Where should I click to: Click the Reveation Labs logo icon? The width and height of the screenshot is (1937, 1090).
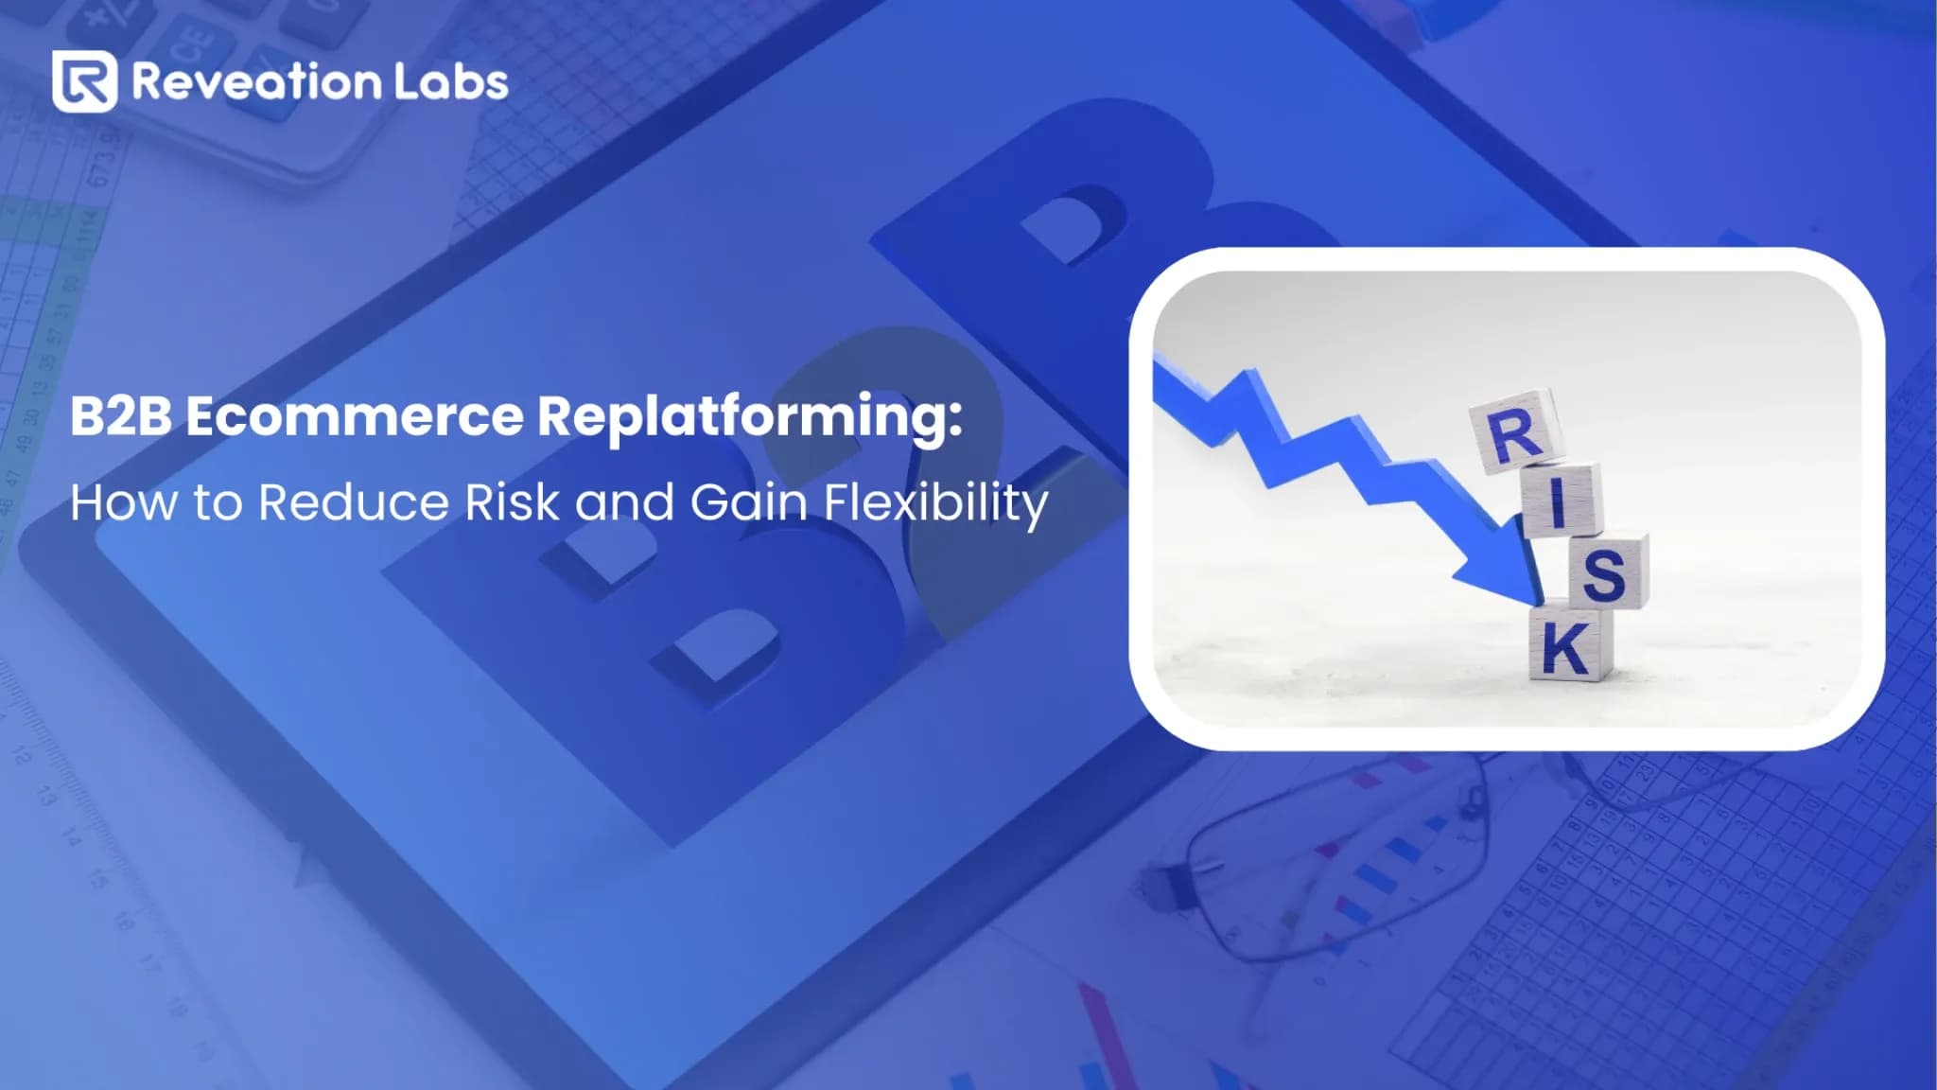coord(84,81)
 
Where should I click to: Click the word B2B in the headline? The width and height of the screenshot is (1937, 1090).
coord(120,416)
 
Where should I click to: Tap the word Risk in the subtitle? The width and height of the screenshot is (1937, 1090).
coord(512,501)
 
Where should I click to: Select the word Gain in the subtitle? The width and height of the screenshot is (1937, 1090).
coord(748,501)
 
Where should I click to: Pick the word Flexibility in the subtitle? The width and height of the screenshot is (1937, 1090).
coord(935,503)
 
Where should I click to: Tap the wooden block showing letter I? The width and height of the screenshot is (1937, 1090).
coord(1561,500)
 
